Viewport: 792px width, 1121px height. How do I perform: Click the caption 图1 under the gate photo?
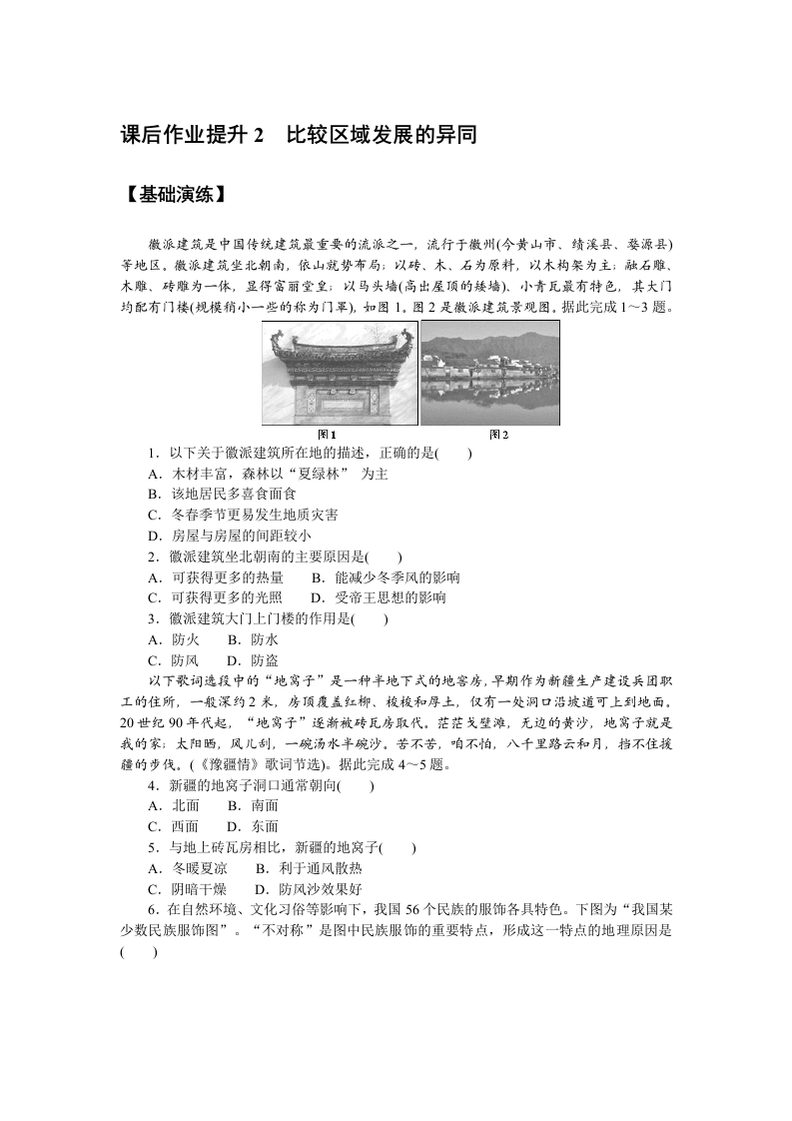[x=327, y=435]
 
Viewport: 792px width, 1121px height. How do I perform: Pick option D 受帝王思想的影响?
[x=378, y=597]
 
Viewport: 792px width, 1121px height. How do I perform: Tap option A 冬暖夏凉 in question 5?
[x=187, y=868]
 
